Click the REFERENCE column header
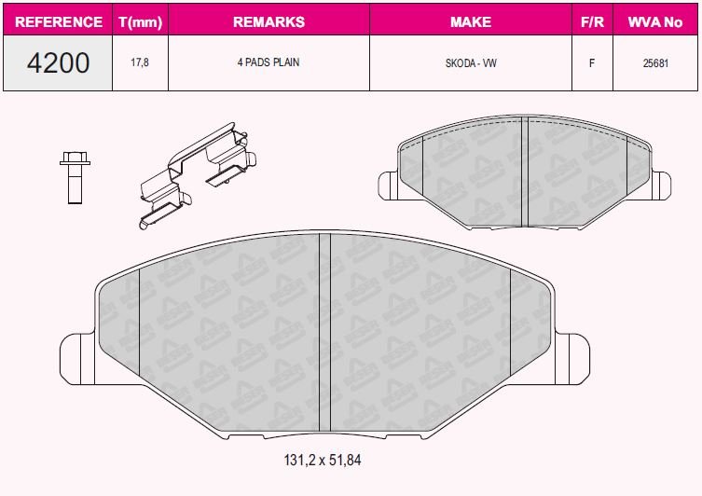pyautogui.click(x=58, y=21)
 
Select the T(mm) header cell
pyautogui.click(x=140, y=21)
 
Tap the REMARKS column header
pyautogui.click(x=269, y=21)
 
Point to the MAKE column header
pyautogui.click(x=471, y=21)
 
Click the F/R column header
pyautogui.click(x=592, y=21)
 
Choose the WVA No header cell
pyautogui.click(x=655, y=21)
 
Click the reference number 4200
pyautogui.click(x=58, y=62)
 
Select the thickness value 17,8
pyautogui.click(x=140, y=62)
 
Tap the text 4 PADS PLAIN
pyautogui.click(x=268, y=62)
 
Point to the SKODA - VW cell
pyautogui.click(x=471, y=63)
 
